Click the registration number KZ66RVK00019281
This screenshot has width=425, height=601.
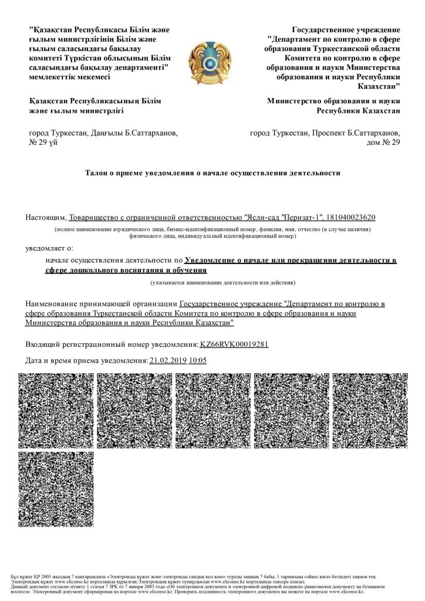click(234, 344)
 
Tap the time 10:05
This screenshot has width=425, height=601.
click(198, 361)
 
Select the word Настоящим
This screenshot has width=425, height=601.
click(46, 218)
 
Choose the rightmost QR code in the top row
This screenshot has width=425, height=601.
click(370, 408)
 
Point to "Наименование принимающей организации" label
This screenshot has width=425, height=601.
click(101, 304)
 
